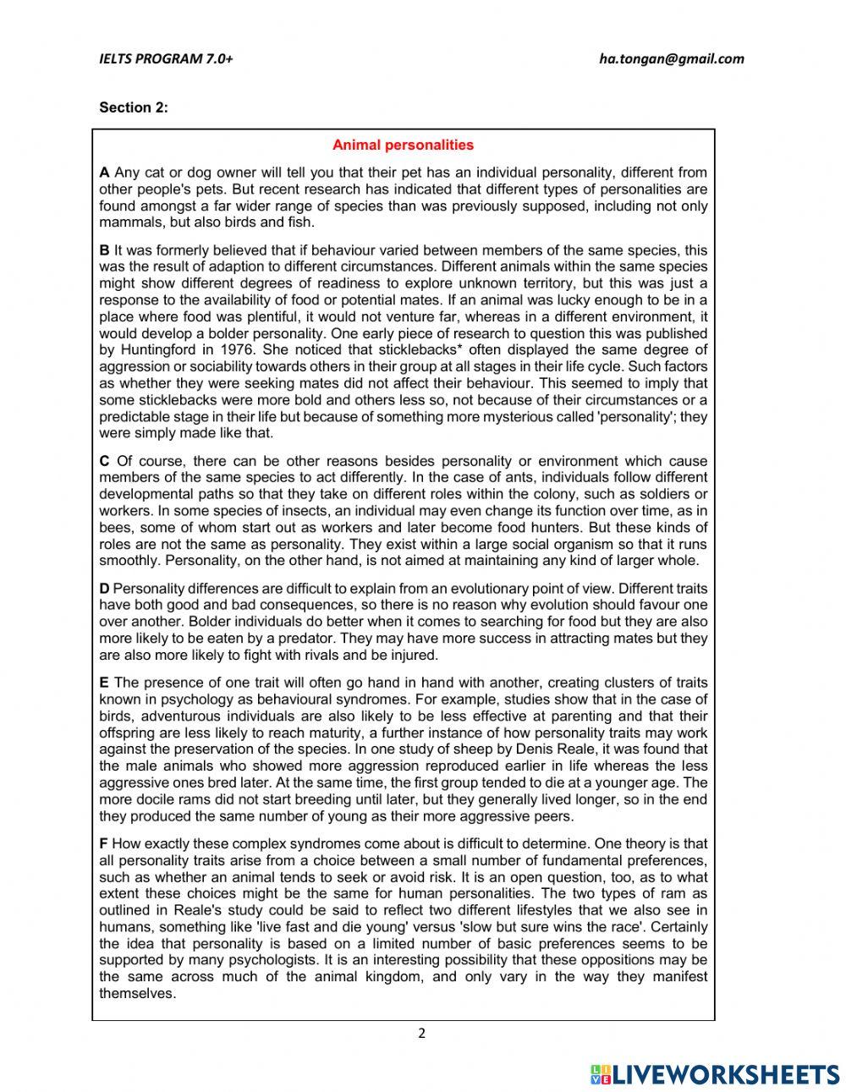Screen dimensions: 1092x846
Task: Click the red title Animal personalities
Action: (x=403, y=145)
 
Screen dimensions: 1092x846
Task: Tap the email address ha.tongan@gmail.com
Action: (x=672, y=58)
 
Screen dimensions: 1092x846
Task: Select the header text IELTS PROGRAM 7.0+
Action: (x=166, y=58)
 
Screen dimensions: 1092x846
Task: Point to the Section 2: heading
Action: (x=134, y=107)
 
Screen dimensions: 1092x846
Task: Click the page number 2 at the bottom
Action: (x=421, y=1033)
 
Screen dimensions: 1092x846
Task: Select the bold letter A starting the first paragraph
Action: (x=104, y=173)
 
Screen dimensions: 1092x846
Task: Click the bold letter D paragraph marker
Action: (x=104, y=589)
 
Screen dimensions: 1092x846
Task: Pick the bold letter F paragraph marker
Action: (x=103, y=843)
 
